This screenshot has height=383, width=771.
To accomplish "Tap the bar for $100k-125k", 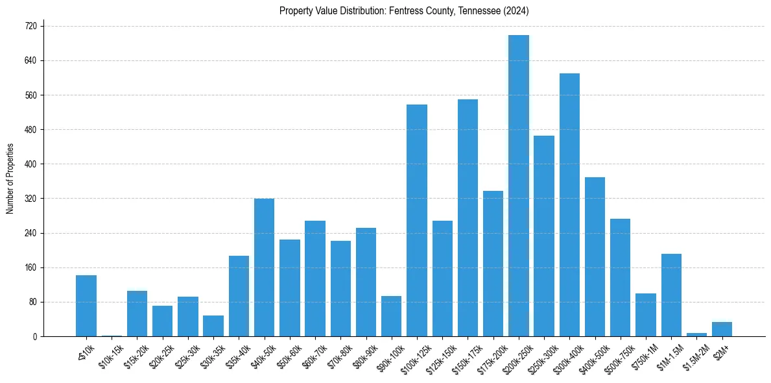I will pyautogui.click(x=416, y=220).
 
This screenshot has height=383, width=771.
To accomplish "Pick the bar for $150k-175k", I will pyautogui.click(x=468, y=217).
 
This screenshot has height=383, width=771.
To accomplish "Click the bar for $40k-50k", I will pyautogui.click(x=264, y=267).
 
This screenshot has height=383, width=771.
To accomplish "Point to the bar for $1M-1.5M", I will pyautogui.click(x=671, y=295).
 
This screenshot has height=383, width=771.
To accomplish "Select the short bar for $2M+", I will pyautogui.click(x=722, y=329).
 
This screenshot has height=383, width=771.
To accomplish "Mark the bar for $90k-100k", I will pyautogui.click(x=391, y=316).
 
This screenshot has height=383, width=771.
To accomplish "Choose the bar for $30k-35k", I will pyautogui.click(x=213, y=326).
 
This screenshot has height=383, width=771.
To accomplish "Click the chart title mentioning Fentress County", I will pyautogui.click(x=405, y=11).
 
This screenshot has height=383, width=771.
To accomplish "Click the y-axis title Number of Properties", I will pyautogui.click(x=10, y=179).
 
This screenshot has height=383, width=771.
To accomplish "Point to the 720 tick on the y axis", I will pyautogui.click(x=31, y=26).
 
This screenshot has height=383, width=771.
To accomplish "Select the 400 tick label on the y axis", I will pyautogui.click(x=31, y=164).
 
